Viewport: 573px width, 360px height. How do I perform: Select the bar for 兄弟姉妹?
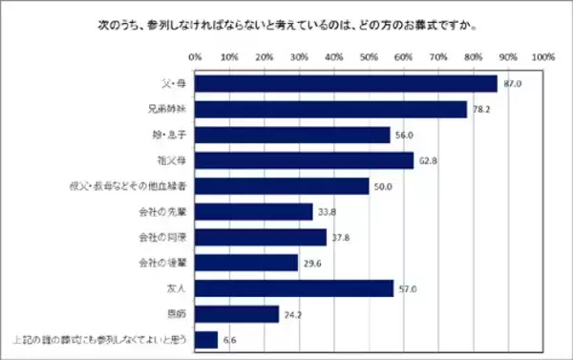(330, 109)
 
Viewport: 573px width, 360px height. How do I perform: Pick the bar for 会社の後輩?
(246, 263)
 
